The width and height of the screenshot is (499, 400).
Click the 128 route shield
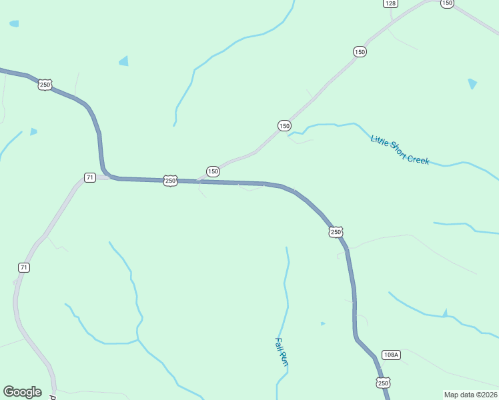pyautogui.click(x=390, y=3)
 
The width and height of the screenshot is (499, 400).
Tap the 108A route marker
pyautogui.click(x=391, y=355)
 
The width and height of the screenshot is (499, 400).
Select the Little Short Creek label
pyautogui.click(x=400, y=150)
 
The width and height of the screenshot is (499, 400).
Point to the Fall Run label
pyautogui.click(x=281, y=352)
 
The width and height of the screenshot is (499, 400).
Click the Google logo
pyautogui.click(x=22, y=392)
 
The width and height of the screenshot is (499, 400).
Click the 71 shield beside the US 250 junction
pyautogui.click(x=90, y=177)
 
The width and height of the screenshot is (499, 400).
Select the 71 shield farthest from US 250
pyautogui.click(x=24, y=267)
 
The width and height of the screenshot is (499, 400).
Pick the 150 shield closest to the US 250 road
pyautogui.click(x=213, y=171)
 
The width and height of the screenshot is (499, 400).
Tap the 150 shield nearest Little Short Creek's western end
pyautogui.click(x=284, y=125)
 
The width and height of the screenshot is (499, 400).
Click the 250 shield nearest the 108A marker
pyautogui.click(x=383, y=383)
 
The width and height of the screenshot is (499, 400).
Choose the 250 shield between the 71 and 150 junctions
pyautogui.click(x=170, y=181)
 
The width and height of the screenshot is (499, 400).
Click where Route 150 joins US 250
pyautogui.click(x=199, y=181)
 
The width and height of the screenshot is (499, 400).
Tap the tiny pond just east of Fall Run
pyautogui.click(x=323, y=324)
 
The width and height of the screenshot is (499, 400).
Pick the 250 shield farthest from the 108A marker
pyautogui.click(x=45, y=85)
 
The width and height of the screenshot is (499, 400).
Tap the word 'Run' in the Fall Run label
pyautogui.click(x=284, y=361)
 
